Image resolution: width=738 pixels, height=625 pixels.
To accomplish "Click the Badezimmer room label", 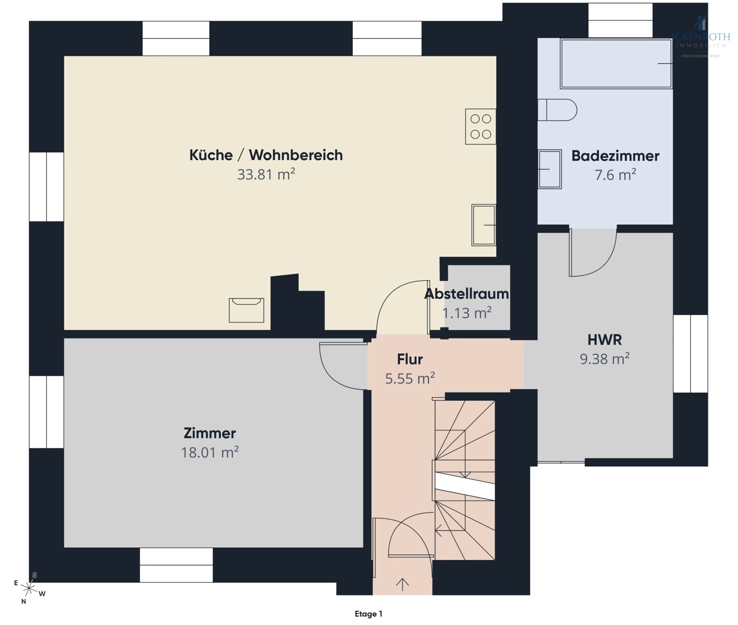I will [x=615, y=156].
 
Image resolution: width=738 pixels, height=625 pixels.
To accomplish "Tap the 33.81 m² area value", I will [x=266, y=174].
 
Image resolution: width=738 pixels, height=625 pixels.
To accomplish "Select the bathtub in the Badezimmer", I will [x=616, y=64].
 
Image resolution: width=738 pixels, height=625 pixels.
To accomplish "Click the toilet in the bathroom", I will [x=557, y=110].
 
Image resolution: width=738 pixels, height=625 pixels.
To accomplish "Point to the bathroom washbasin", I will [x=549, y=169].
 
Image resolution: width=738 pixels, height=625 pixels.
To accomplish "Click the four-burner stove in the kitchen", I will [x=481, y=126].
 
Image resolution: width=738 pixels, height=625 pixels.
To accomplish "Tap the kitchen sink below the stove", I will [x=483, y=225].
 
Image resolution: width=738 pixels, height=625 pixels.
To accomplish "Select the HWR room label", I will [x=604, y=340].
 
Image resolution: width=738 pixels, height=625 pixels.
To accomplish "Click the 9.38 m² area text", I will [x=604, y=359].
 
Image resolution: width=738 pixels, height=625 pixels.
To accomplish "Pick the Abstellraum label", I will [x=466, y=294].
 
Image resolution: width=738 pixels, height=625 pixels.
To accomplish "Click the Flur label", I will [x=410, y=359].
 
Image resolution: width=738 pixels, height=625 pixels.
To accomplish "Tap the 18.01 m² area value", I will [x=209, y=452].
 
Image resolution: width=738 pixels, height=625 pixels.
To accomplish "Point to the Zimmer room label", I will [x=209, y=433].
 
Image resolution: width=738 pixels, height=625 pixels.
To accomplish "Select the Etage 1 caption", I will [x=368, y=614].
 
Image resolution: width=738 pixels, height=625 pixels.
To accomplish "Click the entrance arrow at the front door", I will [x=402, y=584].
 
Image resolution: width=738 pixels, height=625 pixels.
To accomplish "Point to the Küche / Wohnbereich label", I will [x=266, y=155].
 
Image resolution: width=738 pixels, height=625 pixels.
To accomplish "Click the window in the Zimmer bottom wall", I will [x=176, y=565].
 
